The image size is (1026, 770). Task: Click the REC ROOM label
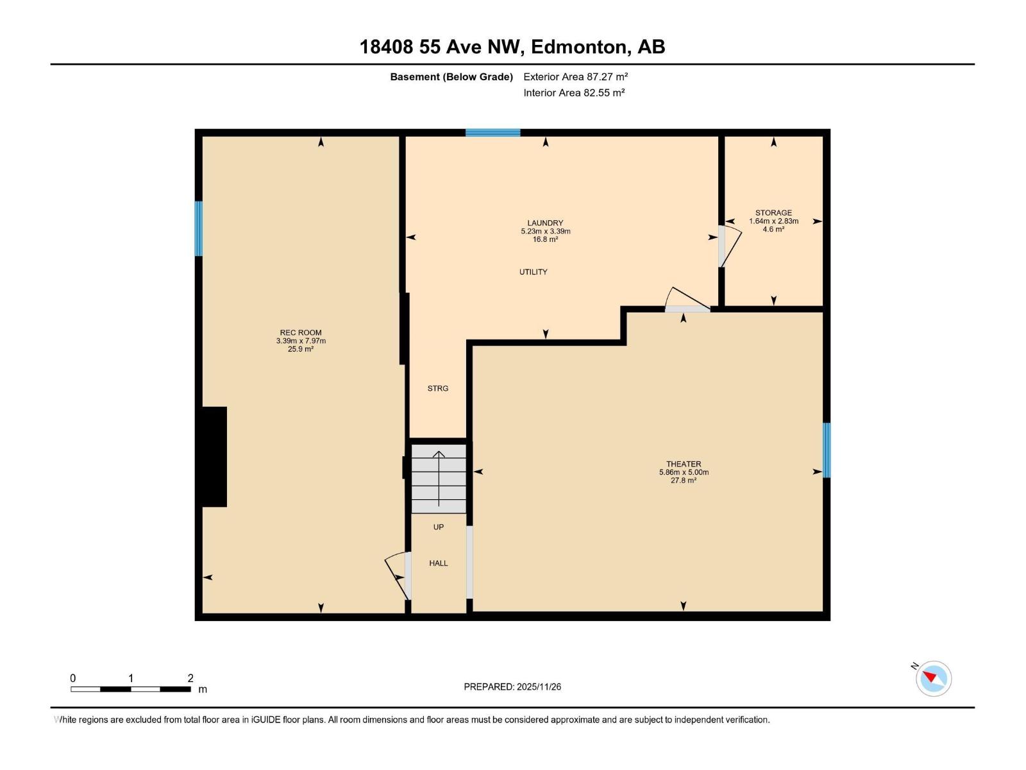point(301,333)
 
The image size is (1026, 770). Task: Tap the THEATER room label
point(684,464)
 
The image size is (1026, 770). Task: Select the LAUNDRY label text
point(545,223)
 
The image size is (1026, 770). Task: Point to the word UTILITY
point(533,271)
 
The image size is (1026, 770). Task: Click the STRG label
point(437,388)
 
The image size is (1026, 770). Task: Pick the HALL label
point(438,563)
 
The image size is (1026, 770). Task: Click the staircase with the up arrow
point(439,479)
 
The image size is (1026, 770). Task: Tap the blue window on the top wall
point(492,132)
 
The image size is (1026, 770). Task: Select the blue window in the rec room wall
point(199,228)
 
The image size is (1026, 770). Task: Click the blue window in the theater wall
point(827,450)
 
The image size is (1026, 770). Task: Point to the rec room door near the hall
point(398,576)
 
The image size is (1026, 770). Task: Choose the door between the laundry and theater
point(687,300)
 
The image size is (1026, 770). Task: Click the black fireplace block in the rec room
point(214,457)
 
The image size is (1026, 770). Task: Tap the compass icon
point(933,679)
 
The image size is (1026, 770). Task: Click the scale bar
point(130,689)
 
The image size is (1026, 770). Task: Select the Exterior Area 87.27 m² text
point(575,76)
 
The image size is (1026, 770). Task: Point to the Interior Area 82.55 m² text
point(574,92)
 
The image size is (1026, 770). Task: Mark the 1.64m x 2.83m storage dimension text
point(773,221)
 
